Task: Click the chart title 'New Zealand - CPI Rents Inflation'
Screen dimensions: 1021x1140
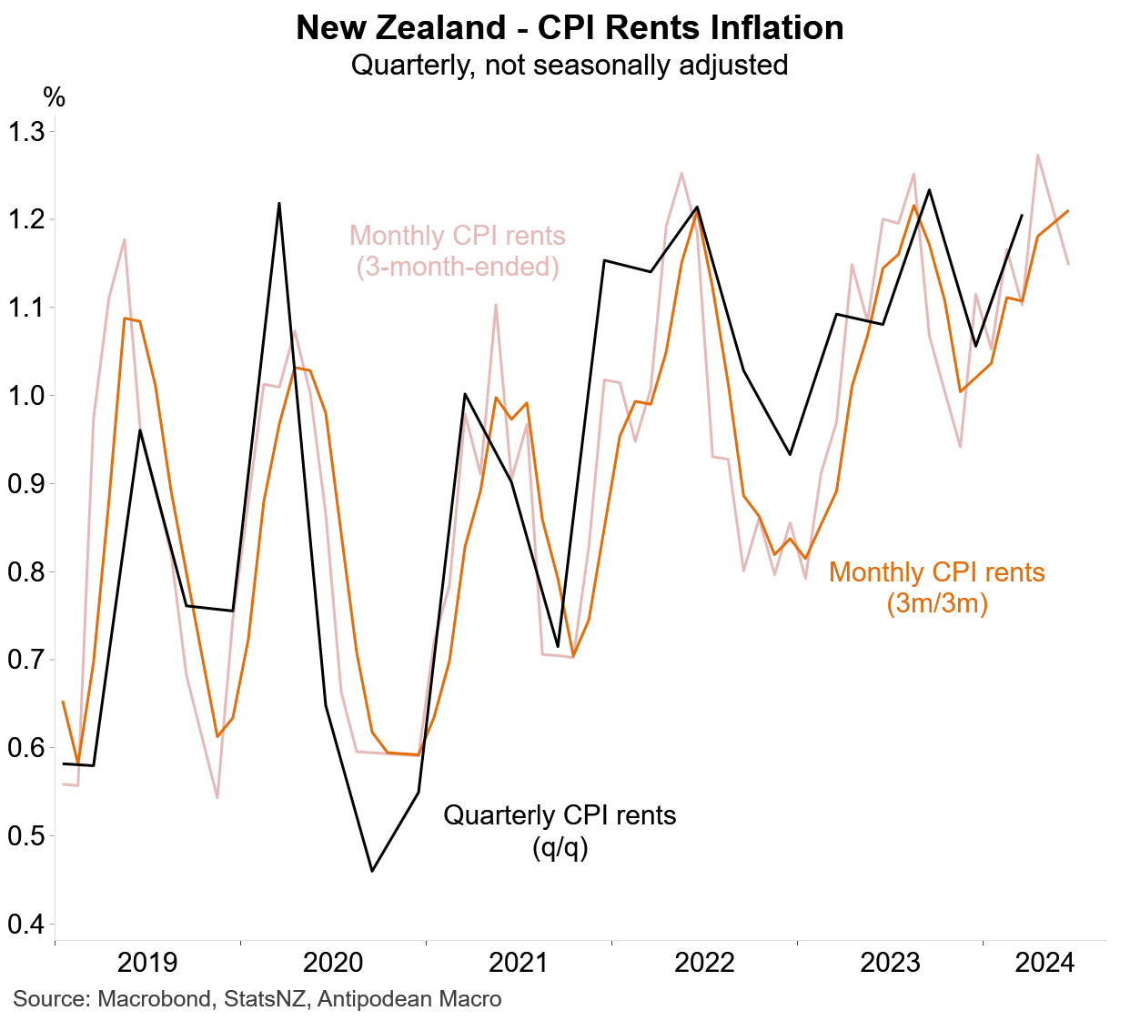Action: (x=570, y=28)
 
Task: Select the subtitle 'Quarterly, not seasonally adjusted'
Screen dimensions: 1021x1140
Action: (x=570, y=66)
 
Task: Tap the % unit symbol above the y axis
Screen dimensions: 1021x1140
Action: (x=55, y=97)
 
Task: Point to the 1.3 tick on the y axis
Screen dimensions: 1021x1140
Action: (x=26, y=132)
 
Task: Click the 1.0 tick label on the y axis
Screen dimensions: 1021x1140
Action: (x=26, y=396)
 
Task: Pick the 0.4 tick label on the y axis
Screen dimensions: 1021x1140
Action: (x=26, y=925)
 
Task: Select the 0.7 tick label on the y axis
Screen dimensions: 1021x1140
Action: (x=26, y=660)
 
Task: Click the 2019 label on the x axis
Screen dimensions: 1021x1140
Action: (x=147, y=963)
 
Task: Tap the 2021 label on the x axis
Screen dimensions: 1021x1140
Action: (x=519, y=963)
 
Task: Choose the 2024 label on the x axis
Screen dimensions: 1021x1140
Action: (x=1044, y=963)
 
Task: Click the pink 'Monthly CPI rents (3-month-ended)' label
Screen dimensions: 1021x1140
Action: (x=458, y=251)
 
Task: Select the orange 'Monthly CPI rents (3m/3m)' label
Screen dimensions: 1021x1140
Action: (x=937, y=587)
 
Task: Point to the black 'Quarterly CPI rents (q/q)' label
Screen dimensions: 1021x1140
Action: (x=560, y=831)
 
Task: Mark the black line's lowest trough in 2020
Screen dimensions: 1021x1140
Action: (x=372, y=871)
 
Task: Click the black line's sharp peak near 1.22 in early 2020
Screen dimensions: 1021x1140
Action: (x=279, y=203)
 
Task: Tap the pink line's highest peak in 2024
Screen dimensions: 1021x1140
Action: (x=1037, y=155)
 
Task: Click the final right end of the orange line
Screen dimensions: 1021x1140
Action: (x=1067, y=211)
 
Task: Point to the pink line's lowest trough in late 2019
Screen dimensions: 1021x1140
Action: (x=217, y=798)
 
